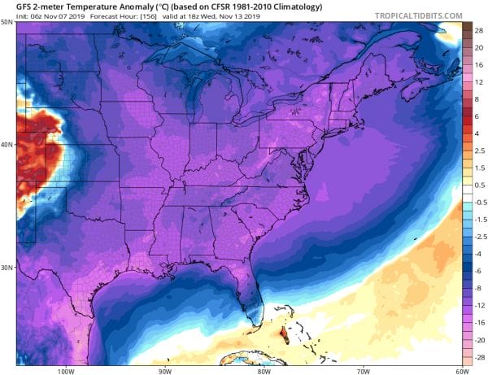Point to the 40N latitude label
[x=7, y=145]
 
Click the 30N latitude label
[x=7, y=268]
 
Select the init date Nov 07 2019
[x=51, y=16]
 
